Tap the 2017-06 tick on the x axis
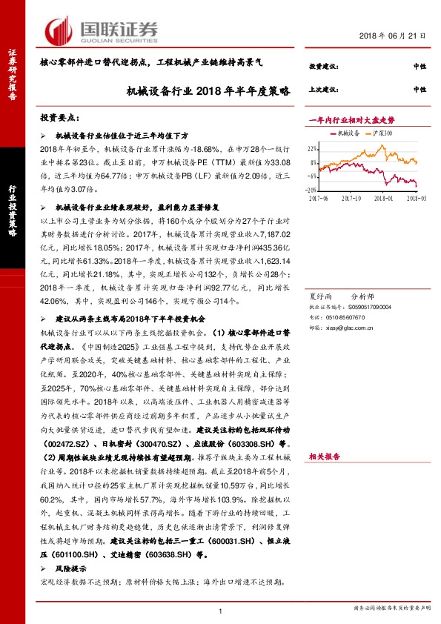click(319, 198)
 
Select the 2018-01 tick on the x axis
click(383, 198)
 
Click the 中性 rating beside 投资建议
click(420, 67)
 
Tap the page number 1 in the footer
click(221, 611)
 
